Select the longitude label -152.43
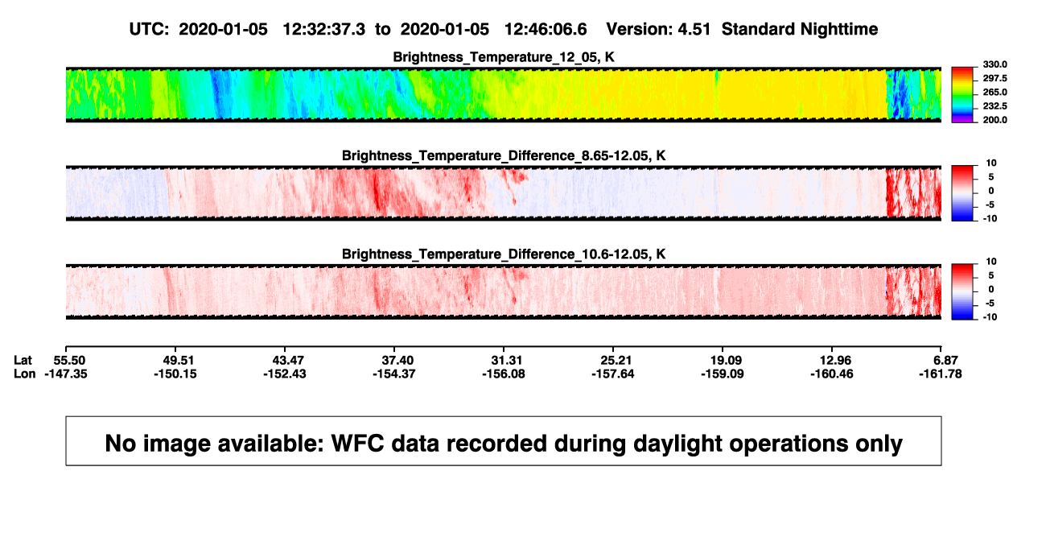click(285, 374)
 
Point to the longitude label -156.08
click(504, 374)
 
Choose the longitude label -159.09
click(723, 374)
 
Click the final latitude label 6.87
click(945, 361)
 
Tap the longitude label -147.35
click(66, 374)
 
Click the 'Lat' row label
click(23, 361)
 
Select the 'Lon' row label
click(24, 374)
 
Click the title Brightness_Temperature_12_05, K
click(504, 57)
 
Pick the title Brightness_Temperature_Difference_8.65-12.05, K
click(504, 155)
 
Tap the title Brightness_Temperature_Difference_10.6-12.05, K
click(504, 254)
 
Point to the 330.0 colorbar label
click(995, 64)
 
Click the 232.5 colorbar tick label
click(995, 106)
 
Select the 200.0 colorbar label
click(995, 120)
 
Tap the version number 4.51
click(694, 30)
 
